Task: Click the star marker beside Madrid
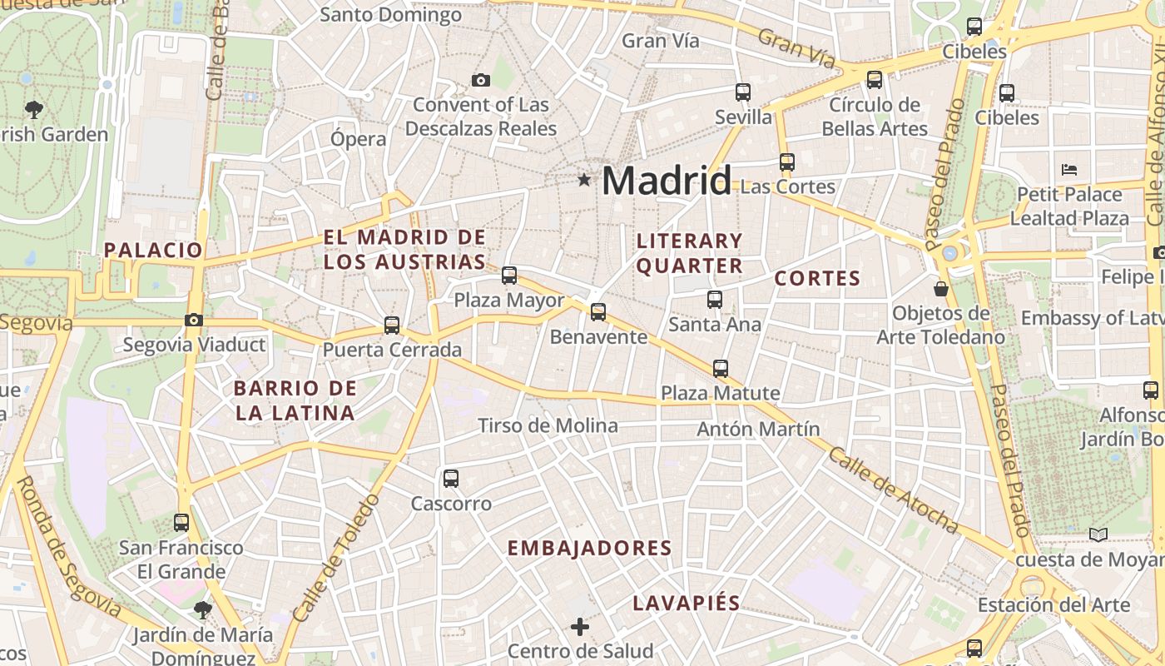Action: (584, 180)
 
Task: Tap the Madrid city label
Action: (667, 181)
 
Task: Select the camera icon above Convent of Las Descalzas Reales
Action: (480, 81)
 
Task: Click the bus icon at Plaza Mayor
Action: (509, 275)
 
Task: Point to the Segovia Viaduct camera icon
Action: (194, 320)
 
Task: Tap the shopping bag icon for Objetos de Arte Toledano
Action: (941, 289)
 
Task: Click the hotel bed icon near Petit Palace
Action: (1069, 170)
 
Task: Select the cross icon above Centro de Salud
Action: (580, 626)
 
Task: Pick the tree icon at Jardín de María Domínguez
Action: (202, 610)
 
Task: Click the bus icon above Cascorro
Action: (451, 479)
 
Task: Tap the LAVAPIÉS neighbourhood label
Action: (687, 604)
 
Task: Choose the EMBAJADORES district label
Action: (589, 548)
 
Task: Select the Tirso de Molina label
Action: (548, 426)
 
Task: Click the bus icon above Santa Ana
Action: (715, 300)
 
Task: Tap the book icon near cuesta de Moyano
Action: (1098, 534)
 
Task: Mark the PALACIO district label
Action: (153, 250)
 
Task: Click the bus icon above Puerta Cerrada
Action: (392, 326)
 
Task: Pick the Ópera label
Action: (358, 139)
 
